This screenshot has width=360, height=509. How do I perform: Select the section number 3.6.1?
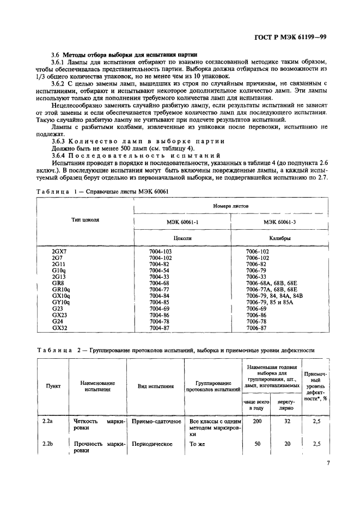tap(59, 63)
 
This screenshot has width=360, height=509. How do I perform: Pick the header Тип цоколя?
tap(85, 220)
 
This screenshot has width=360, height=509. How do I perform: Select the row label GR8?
tap(57, 283)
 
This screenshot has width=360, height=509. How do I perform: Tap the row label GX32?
tap(59, 328)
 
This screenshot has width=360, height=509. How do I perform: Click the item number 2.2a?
tap(48, 421)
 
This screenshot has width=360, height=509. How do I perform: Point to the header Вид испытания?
tap(155, 386)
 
